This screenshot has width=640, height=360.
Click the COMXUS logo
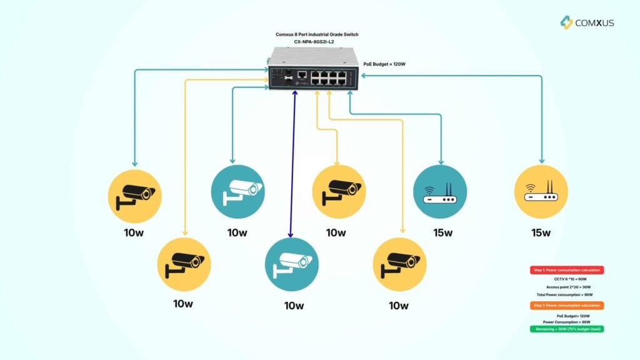[587, 22]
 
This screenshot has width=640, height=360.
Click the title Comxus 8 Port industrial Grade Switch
[317, 34]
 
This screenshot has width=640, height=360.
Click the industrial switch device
[312, 70]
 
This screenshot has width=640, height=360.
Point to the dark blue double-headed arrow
[292, 162]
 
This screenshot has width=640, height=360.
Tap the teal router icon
[440, 191]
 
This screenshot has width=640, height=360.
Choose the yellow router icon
[541, 191]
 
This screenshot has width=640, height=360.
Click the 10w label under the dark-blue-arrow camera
[293, 306]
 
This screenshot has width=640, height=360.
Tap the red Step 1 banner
[566, 270]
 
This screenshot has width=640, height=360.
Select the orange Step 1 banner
[566, 305]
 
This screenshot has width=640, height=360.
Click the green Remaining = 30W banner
[566, 328]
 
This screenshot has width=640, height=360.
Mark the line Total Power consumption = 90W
[566, 294]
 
